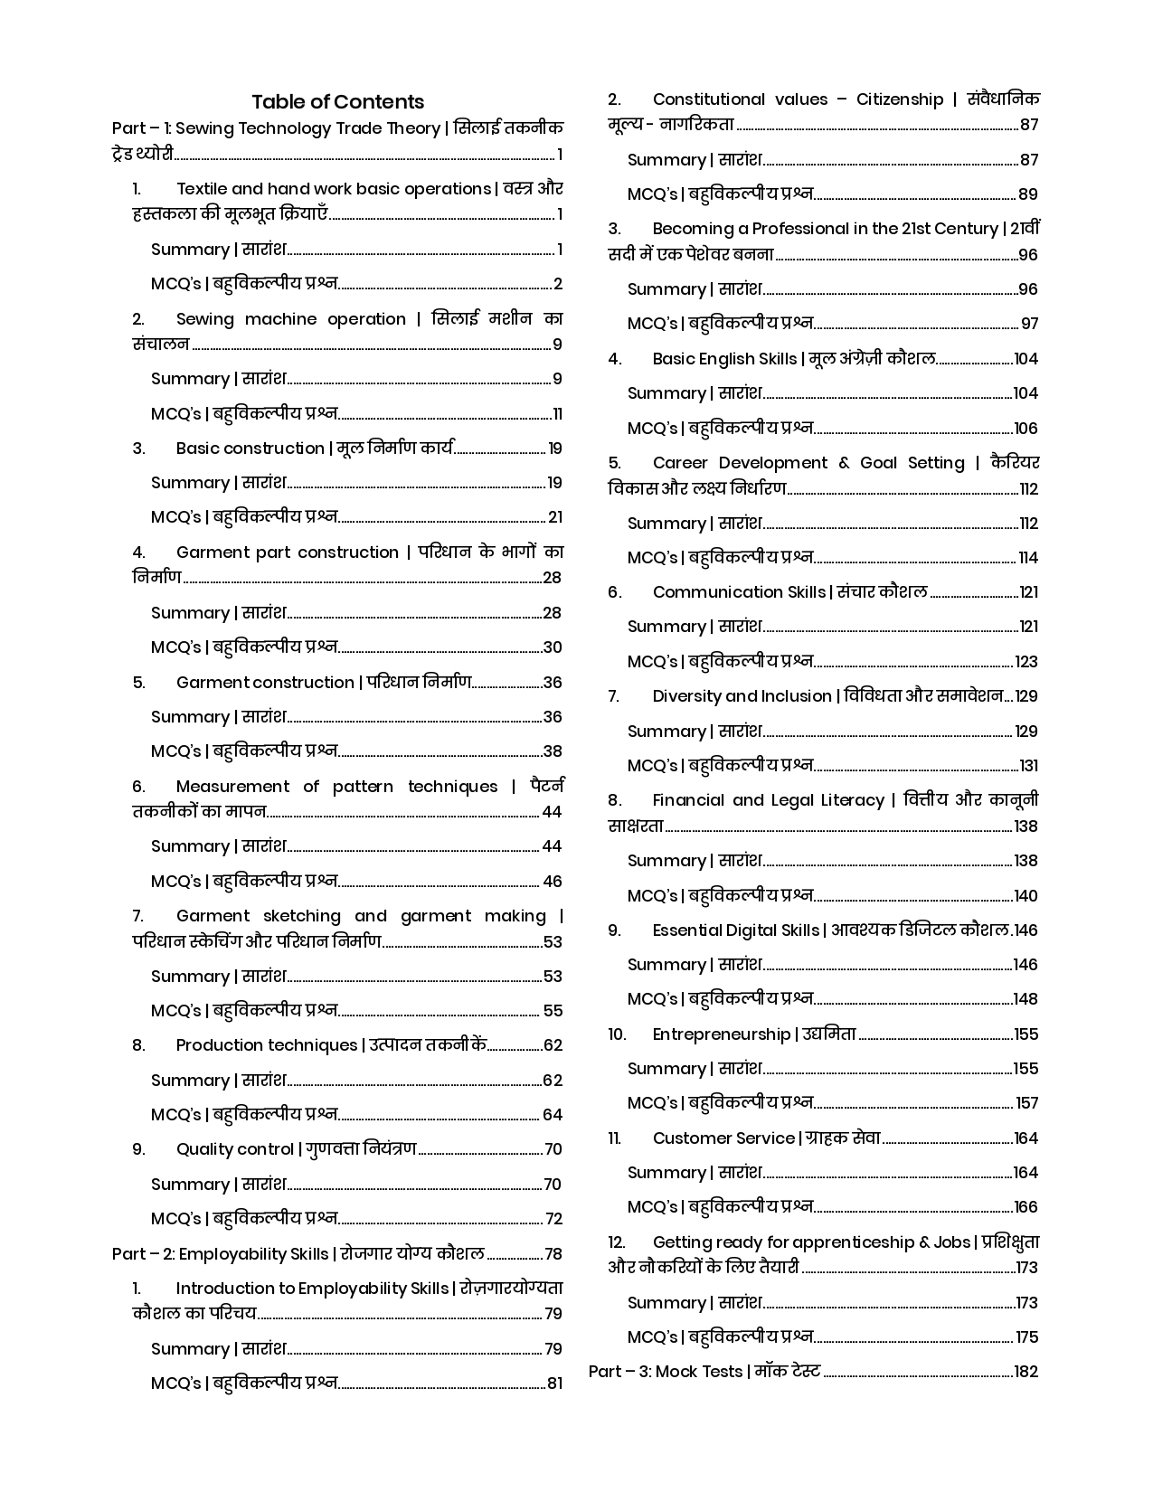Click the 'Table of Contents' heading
click(337, 101)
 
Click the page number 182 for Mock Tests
click(1025, 1372)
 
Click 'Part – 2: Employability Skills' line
click(298, 1254)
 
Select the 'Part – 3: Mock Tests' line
click(704, 1372)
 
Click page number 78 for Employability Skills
click(553, 1254)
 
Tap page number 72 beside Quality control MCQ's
click(553, 1219)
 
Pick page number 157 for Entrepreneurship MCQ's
click(1026, 1103)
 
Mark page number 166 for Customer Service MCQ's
click(1025, 1207)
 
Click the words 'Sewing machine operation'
click(290, 319)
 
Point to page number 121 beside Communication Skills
click(1028, 592)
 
